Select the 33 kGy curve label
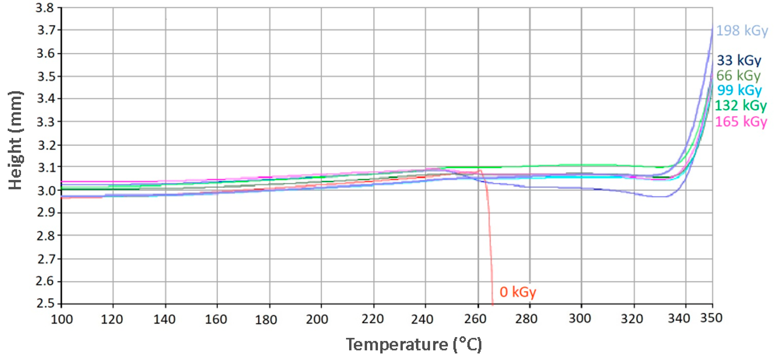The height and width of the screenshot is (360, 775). (x=739, y=60)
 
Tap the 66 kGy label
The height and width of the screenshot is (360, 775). (x=738, y=76)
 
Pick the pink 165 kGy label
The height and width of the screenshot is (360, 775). (x=741, y=122)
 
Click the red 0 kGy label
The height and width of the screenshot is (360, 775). (x=517, y=292)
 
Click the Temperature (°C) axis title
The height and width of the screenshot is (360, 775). (x=414, y=344)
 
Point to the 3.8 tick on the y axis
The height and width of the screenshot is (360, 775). (x=45, y=8)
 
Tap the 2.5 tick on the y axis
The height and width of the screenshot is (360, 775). (x=45, y=303)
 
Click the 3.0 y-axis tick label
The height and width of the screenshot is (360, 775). (x=46, y=191)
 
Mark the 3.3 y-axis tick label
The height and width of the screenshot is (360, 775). (x=46, y=122)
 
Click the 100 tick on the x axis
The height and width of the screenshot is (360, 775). (x=62, y=319)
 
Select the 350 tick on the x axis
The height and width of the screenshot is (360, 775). (x=711, y=318)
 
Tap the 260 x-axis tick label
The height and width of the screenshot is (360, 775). (x=475, y=319)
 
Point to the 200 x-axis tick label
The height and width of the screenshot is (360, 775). (x=317, y=319)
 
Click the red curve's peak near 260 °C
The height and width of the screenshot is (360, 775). (x=480, y=170)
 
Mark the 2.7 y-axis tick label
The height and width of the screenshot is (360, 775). (x=46, y=259)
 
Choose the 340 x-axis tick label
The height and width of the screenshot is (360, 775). (x=679, y=318)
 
